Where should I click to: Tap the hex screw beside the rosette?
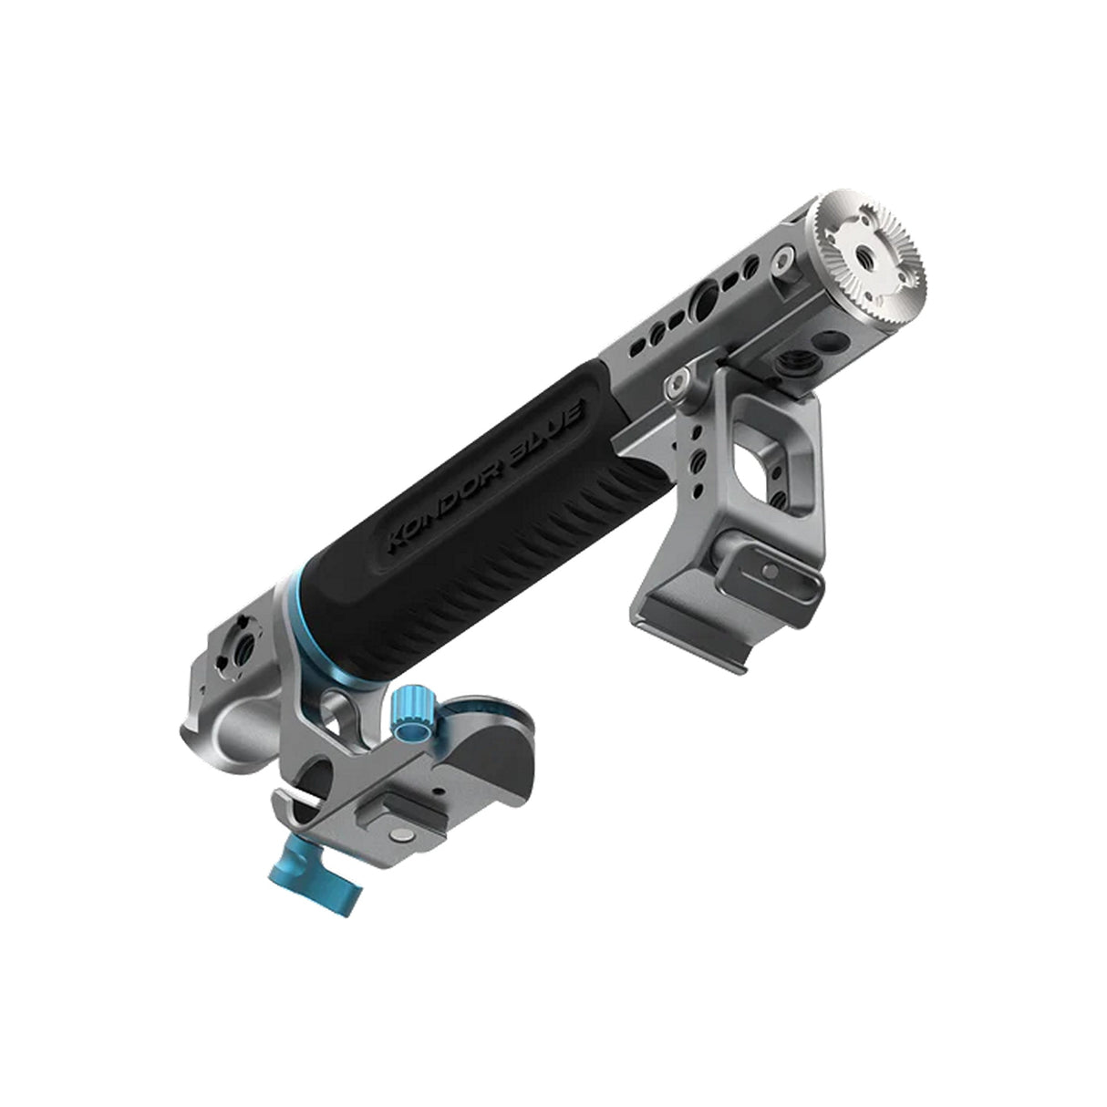[x=781, y=264]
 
